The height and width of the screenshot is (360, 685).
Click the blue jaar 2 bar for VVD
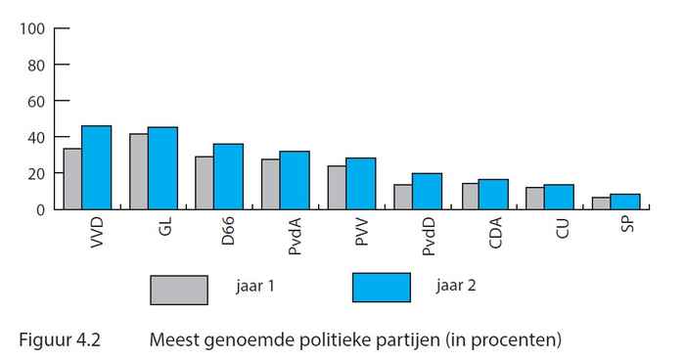tap(96, 167)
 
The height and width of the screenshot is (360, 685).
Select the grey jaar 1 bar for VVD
tap(71, 179)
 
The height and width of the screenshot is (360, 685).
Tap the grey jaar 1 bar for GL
tap(138, 171)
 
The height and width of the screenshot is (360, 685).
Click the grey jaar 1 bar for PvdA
tap(270, 184)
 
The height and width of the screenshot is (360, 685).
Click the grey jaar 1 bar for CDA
tap(469, 196)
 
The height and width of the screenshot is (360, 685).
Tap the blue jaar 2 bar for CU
tap(559, 197)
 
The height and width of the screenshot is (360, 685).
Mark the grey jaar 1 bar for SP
tap(601, 202)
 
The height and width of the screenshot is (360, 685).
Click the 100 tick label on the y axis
tap(32, 28)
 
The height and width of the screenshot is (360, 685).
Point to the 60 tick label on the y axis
tap(36, 101)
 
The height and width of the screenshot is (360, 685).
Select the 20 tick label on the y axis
tap(36, 173)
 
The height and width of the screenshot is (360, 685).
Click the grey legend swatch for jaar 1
tap(179, 291)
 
